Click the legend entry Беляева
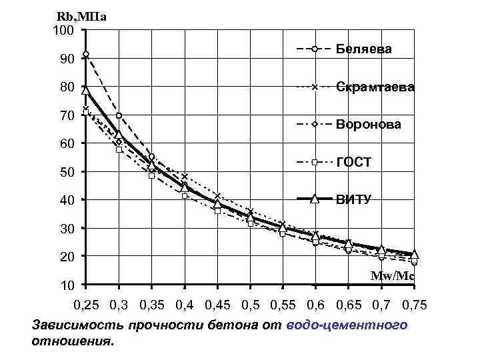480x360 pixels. pyautogui.click(x=363, y=49)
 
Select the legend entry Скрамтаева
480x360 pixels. pyautogui.click(x=375, y=87)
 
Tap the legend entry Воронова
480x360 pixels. pyautogui.click(x=369, y=125)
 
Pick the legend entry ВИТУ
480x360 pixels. pyautogui.click(x=353, y=198)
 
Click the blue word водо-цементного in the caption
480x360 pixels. pyautogui.click(x=346, y=326)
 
